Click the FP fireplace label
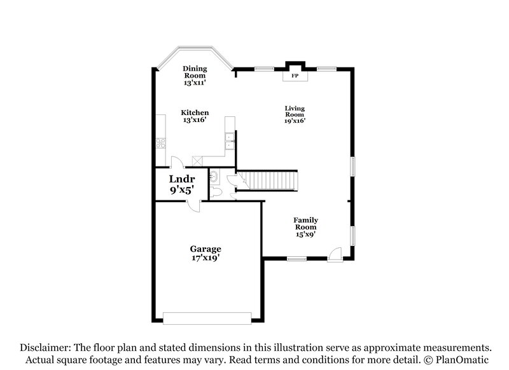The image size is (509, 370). tap(295, 76)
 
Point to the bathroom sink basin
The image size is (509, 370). tap(215, 177)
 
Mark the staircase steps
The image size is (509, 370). tap(270, 181)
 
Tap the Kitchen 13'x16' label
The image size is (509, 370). tap(194, 116)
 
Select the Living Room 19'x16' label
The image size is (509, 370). tap(295, 114)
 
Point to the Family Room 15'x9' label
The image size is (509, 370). tap(305, 227)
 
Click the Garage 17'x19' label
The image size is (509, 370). tap(206, 252)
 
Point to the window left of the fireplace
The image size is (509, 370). tap(263, 68)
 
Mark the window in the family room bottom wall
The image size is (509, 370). tap(296, 258)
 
